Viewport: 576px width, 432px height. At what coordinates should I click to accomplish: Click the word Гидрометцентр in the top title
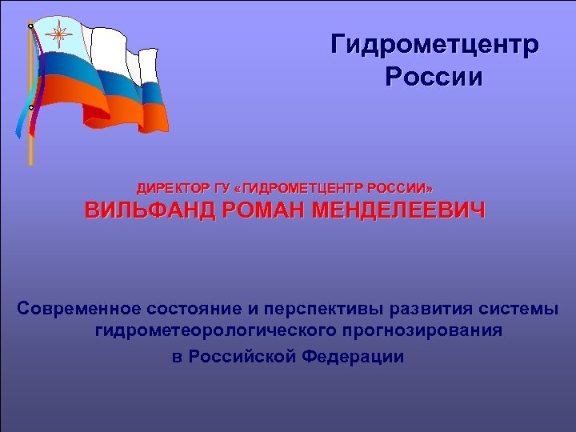pyautogui.click(x=435, y=45)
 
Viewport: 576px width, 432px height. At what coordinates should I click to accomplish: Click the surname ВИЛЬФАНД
pyautogui.click(x=150, y=212)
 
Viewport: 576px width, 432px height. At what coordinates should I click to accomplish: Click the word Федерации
pyautogui.click(x=354, y=355)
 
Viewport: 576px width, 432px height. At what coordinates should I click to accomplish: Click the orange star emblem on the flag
pyautogui.click(x=58, y=35)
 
